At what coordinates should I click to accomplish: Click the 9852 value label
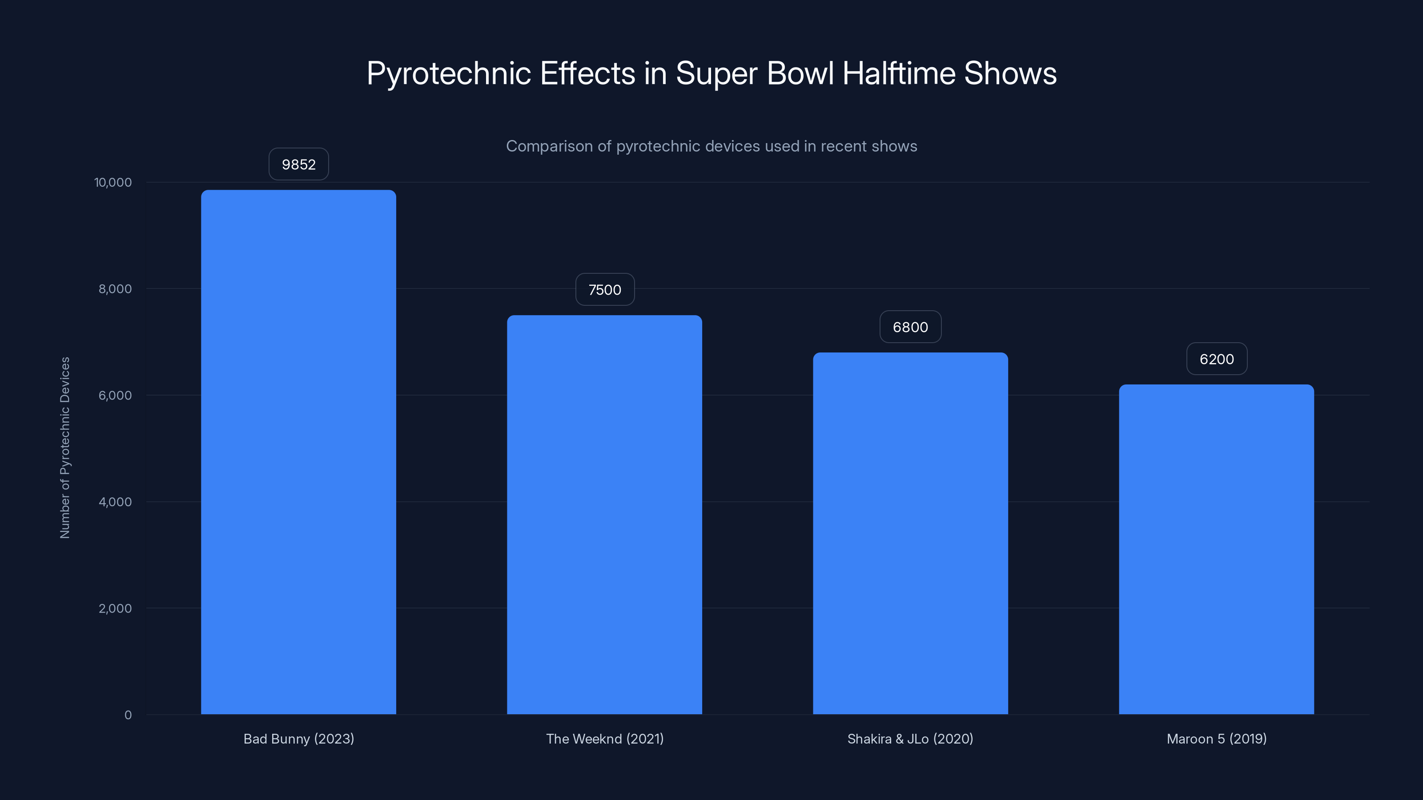298,164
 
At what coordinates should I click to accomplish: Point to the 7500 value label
605,290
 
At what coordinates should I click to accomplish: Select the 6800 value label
910,327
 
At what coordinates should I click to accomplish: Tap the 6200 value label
1216,359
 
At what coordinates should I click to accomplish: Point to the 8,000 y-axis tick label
115,289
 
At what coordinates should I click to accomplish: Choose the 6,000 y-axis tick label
115,395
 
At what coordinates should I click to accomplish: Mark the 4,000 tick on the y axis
115,502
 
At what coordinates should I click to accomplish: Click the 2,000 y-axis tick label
115,608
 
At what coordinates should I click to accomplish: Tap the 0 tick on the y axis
128,715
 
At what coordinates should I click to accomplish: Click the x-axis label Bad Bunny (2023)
298,739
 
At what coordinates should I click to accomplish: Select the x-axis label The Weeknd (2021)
604,739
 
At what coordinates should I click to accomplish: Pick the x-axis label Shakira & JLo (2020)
910,739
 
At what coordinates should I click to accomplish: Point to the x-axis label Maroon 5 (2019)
1216,739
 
